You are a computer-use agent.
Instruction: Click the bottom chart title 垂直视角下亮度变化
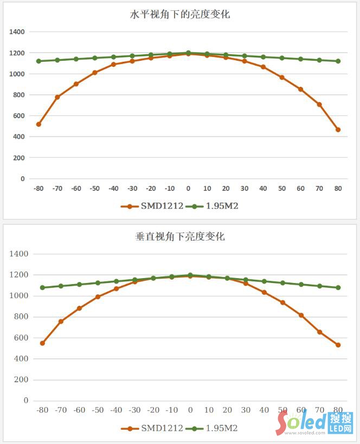tap(180, 236)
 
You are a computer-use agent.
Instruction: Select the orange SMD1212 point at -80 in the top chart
tap(38, 124)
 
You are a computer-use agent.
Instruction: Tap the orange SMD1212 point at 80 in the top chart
tap(338, 130)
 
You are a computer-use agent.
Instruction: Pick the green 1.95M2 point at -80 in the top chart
tap(38, 61)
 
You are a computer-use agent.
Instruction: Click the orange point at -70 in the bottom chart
tap(61, 321)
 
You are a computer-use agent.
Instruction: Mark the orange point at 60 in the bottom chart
tap(301, 315)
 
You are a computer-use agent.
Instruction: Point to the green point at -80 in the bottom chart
tap(42, 287)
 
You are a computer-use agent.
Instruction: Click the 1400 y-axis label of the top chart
tap(17, 32)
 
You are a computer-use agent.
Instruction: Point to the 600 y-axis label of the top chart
tap(19, 115)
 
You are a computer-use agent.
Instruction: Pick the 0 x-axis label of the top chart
tap(188, 188)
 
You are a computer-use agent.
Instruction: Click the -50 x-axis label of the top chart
tap(95, 188)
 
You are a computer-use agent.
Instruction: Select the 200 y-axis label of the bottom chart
tap(22, 379)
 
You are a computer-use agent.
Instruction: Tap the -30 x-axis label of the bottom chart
tap(134, 410)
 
